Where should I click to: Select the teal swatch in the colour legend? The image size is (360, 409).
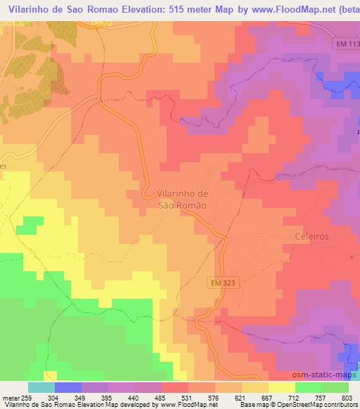click(41, 387)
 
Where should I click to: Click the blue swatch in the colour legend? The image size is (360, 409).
click(68, 387)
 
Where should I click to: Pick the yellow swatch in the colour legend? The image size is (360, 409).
click(282, 387)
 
